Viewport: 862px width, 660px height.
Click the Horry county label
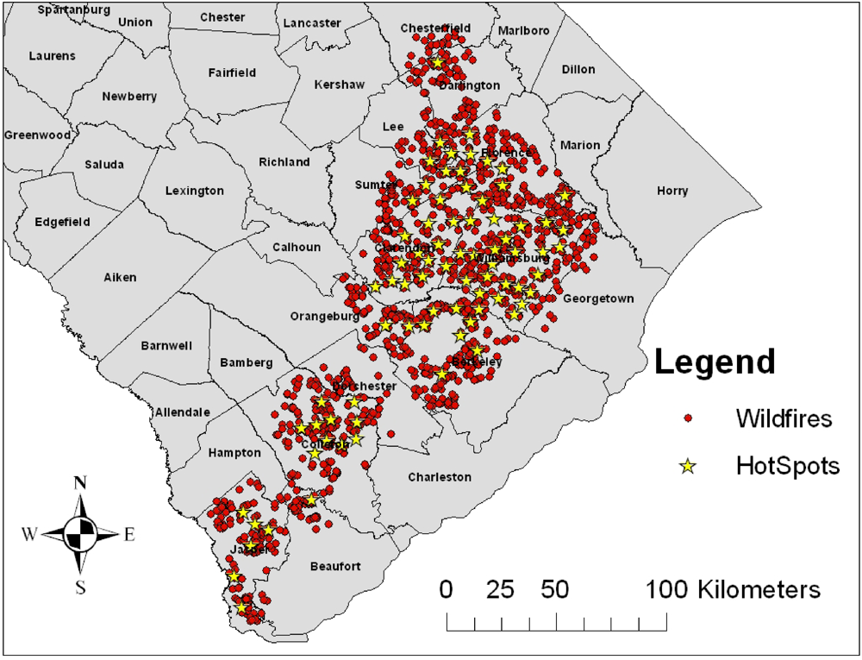(x=672, y=191)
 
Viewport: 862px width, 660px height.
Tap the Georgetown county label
(x=598, y=299)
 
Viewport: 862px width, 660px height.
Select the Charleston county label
(x=440, y=476)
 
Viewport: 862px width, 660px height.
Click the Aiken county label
(x=120, y=277)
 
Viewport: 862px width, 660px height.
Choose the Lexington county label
(x=195, y=191)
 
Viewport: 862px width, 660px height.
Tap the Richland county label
(x=284, y=162)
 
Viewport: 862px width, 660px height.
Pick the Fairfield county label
(x=232, y=73)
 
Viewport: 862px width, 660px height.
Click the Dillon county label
(x=578, y=69)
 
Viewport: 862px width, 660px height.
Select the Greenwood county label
(x=37, y=135)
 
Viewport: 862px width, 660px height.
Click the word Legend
(x=715, y=361)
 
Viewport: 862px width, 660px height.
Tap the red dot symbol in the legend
(x=688, y=419)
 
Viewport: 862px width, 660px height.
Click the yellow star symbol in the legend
(x=688, y=467)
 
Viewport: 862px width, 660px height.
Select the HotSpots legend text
(x=787, y=467)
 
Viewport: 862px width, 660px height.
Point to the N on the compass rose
(x=81, y=483)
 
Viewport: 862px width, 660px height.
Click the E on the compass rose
(x=129, y=535)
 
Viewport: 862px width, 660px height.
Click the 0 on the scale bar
(x=447, y=590)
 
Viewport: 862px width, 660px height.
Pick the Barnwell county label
(x=166, y=346)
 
